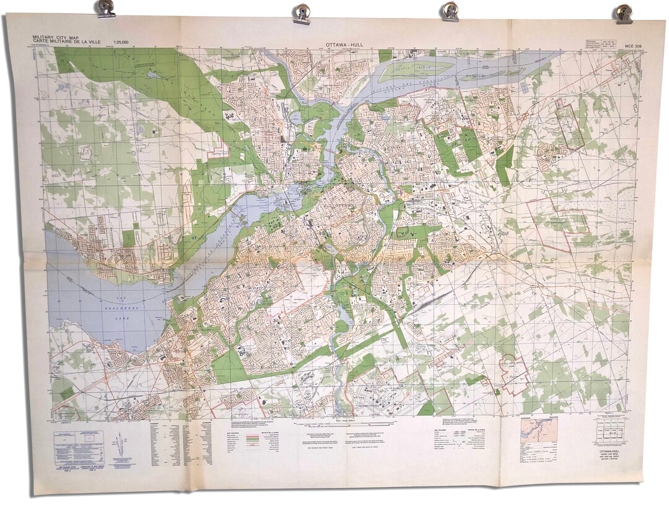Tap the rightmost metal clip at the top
click(x=624, y=13)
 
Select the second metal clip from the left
click(x=302, y=13)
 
